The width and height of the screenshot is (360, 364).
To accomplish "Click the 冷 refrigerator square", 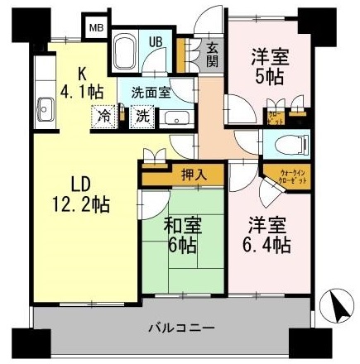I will coord(105,116).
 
